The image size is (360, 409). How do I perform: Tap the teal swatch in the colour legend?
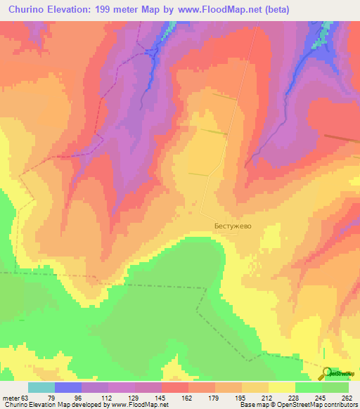[41, 387]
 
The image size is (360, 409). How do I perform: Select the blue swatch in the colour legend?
[67, 387]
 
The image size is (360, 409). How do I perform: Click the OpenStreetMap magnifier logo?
[326, 373]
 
